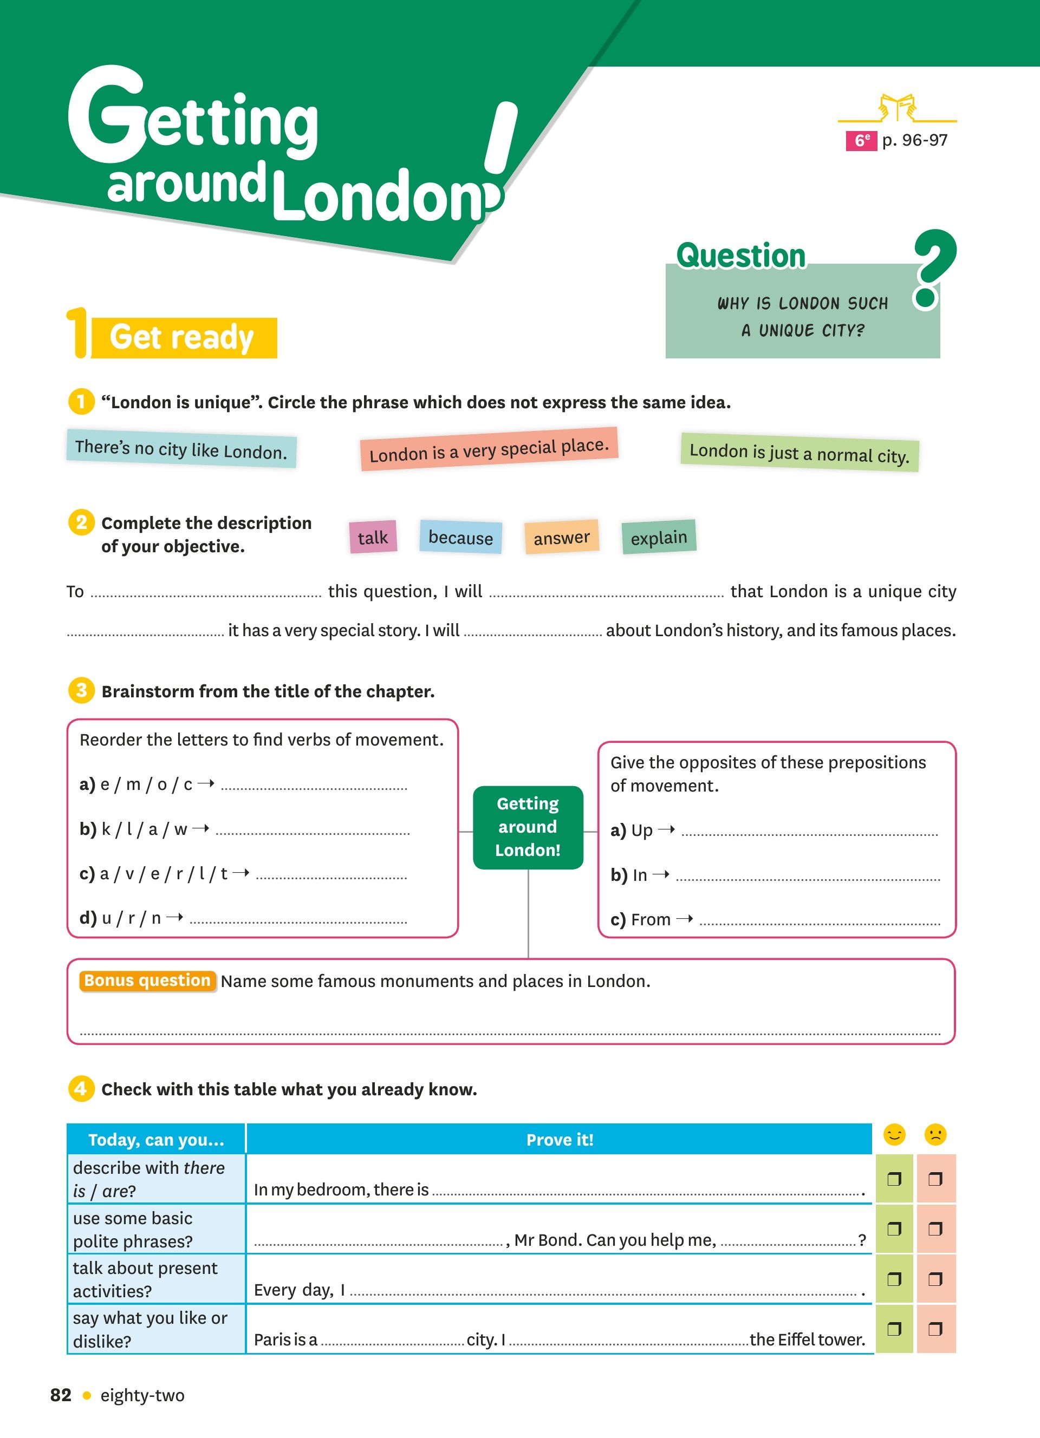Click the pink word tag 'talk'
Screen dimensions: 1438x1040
click(373, 537)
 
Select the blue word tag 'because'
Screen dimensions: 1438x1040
click(460, 537)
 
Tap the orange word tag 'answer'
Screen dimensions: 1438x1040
click(562, 537)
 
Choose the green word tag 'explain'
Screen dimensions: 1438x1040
click(659, 537)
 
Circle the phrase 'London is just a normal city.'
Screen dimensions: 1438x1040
click(799, 453)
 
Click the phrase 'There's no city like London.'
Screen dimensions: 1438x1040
click(181, 449)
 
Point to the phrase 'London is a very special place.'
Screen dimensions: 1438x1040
click(489, 449)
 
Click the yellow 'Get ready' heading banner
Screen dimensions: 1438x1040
click(183, 337)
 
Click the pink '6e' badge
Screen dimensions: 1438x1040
click(861, 141)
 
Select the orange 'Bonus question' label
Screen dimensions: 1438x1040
click(147, 980)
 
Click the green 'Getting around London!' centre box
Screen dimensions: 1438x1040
click(528, 827)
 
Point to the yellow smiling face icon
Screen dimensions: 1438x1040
click(894, 1134)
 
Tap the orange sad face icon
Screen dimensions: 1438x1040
click(935, 1134)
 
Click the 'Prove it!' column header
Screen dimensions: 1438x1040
click(560, 1139)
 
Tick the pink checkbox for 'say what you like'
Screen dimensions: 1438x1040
click(935, 1328)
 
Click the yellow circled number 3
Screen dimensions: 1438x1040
click(81, 690)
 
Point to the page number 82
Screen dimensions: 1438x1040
click(61, 1395)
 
